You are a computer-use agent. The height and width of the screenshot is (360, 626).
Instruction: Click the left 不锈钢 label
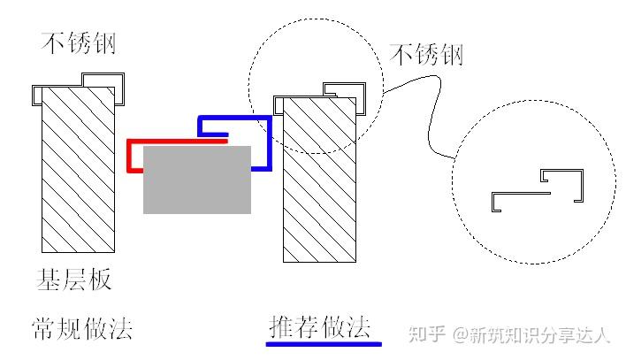79,42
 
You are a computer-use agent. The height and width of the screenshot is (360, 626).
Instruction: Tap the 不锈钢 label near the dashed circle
427,55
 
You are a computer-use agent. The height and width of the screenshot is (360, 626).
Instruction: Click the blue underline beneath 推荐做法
324,343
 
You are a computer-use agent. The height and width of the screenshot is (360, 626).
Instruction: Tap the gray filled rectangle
196,180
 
